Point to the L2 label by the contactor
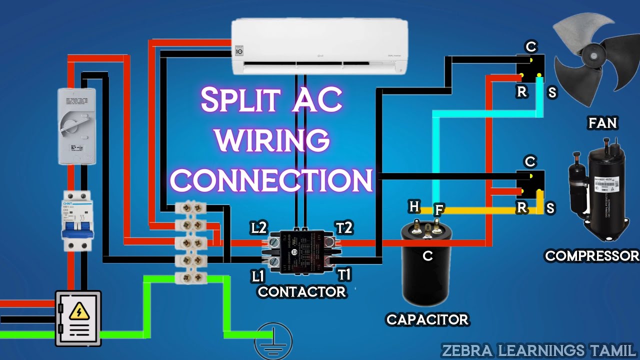tap(258, 228)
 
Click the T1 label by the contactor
tap(344, 274)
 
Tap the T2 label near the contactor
tap(344, 228)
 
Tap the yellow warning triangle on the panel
tap(78, 311)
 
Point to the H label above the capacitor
tap(414, 206)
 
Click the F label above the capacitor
tap(438, 209)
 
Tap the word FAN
tap(603, 123)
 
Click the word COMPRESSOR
tap(592, 256)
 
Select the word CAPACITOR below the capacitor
tap(427, 319)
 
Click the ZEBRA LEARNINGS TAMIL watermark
tap(538, 349)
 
